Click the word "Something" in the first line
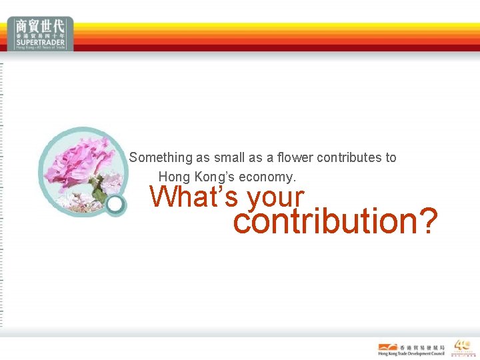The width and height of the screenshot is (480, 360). pos(160,158)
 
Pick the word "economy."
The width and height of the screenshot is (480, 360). pos(271,177)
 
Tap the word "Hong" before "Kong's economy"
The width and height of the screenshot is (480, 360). pos(173,177)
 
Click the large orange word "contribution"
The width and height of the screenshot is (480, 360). pos(324,221)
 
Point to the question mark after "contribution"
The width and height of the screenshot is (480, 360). pos(427,221)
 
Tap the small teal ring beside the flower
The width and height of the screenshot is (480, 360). pos(116,205)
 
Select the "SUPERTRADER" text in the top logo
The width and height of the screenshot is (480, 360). pos(41,41)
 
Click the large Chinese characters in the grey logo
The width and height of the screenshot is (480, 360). pos(41,26)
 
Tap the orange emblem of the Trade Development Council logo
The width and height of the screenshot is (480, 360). pos(387,347)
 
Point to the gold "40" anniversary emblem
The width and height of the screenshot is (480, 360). pos(462,345)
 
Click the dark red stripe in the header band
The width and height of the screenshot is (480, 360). pos(267,48)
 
